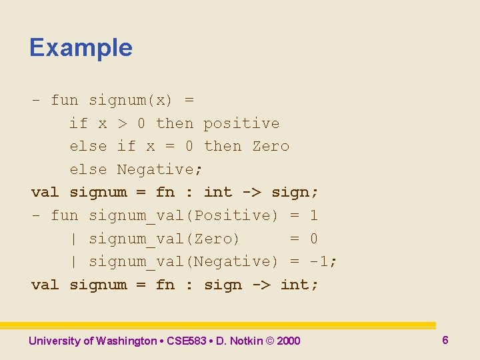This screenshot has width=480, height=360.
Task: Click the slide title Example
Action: point(81,48)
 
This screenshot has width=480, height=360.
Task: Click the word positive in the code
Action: point(241,123)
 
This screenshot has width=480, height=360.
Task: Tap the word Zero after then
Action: point(271,146)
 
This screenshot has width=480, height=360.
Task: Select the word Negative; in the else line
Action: point(160,169)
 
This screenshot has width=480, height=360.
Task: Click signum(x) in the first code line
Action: point(131,101)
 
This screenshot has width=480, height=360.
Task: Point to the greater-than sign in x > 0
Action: point(122,123)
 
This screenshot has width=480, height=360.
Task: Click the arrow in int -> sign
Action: point(251,193)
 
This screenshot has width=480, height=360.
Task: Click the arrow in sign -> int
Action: point(261,285)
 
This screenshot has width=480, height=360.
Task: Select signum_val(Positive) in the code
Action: point(183,215)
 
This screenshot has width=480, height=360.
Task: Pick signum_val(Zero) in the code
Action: point(164,239)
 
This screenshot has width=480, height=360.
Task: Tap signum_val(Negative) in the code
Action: point(183,261)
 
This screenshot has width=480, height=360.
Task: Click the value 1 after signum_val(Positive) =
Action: point(313,215)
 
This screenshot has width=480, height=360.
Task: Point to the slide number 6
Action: point(445,340)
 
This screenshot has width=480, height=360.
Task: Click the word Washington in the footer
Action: point(126,341)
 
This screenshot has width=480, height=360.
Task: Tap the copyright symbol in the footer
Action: point(269,341)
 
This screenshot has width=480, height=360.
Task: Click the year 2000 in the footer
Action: point(288,341)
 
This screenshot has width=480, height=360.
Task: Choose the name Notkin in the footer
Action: point(247,341)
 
